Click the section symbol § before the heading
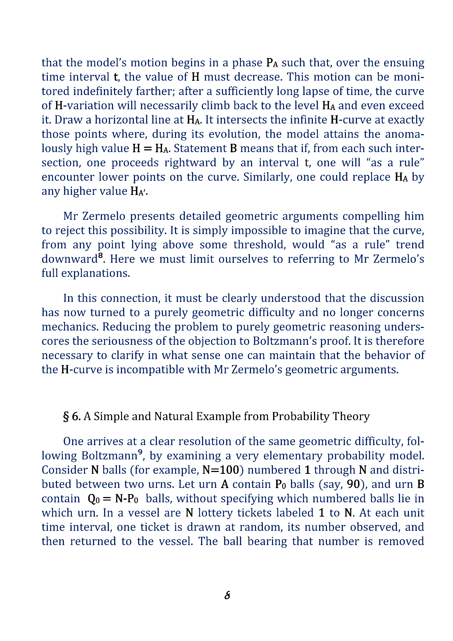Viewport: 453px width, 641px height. coord(66,417)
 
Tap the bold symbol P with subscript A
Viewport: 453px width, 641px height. coord(272,63)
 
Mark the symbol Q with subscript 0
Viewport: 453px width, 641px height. coord(94,499)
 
